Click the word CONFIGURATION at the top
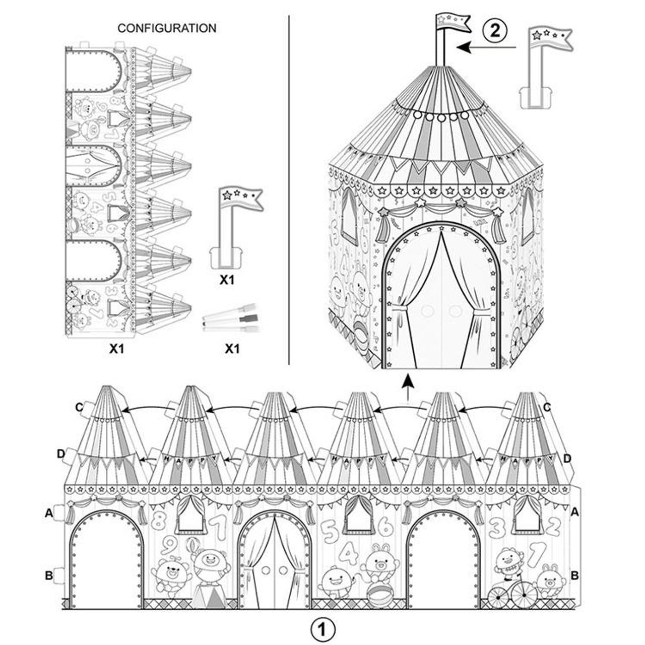(x=167, y=28)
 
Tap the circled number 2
(x=495, y=30)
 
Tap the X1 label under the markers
(x=231, y=348)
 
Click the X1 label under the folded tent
(x=117, y=348)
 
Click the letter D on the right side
(x=567, y=458)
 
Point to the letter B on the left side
(x=49, y=575)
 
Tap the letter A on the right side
(x=574, y=512)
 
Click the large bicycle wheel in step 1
(x=524, y=595)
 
